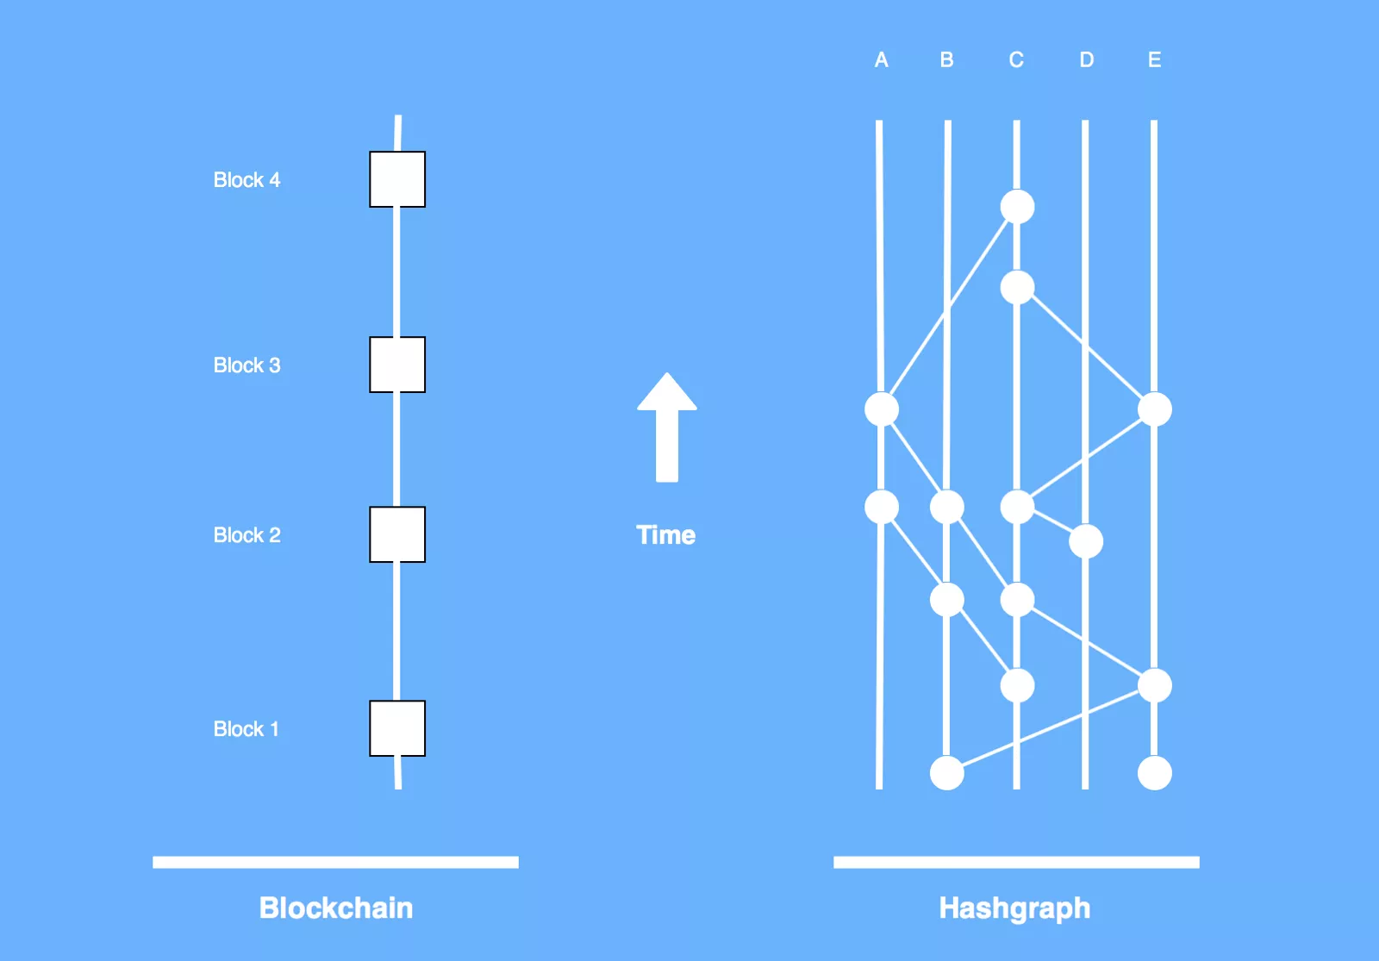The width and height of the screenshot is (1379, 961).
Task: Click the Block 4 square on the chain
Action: [397, 179]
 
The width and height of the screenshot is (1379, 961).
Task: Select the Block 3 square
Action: [397, 365]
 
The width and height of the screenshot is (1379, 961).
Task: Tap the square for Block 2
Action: [397, 534]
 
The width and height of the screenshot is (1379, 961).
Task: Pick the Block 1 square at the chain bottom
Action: [397, 728]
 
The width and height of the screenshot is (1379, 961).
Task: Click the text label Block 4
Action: [246, 180]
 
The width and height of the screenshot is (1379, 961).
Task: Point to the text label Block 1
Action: [246, 729]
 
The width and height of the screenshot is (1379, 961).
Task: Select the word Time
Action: [665, 535]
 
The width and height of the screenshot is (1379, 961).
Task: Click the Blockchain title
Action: [336, 908]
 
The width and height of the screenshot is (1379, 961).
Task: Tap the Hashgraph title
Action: [1014, 908]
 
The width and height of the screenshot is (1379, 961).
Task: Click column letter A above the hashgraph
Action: [881, 60]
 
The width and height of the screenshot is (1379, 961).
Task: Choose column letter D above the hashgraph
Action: [1086, 60]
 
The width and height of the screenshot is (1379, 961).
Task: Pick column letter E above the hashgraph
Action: [1154, 60]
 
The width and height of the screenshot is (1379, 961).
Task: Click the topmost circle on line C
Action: [1017, 207]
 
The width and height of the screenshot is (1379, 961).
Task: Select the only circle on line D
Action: [1085, 541]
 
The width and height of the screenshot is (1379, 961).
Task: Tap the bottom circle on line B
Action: [946, 773]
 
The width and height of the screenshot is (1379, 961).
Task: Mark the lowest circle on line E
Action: [1154, 773]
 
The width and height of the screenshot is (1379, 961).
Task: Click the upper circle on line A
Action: [881, 409]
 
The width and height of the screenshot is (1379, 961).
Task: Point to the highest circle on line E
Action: [1154, 409]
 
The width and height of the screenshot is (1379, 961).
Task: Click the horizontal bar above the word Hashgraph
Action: [1016, 862]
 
